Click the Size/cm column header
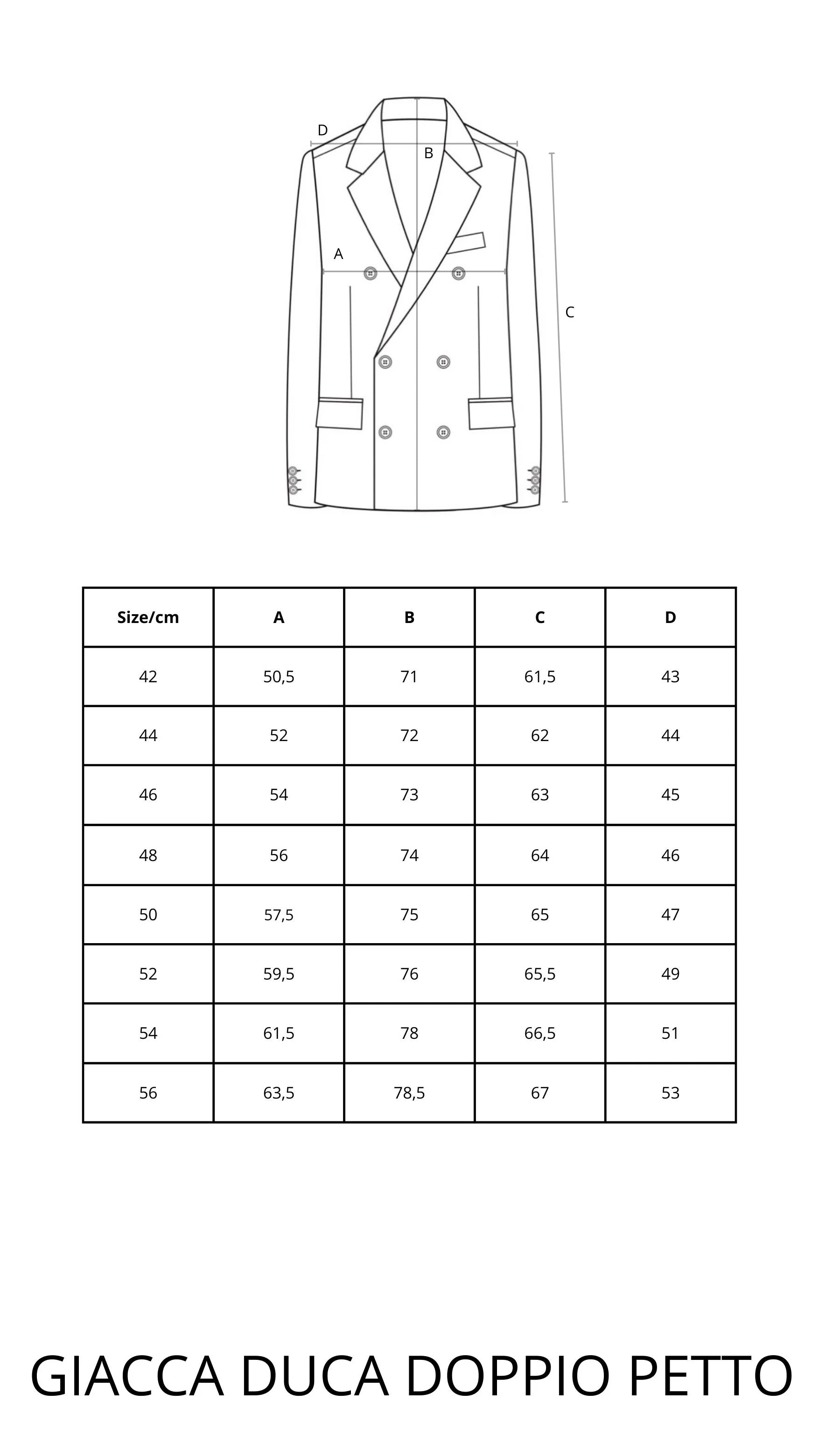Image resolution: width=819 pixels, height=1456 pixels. (x=148, y=617)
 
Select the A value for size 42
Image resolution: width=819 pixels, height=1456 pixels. (x=279, y=677)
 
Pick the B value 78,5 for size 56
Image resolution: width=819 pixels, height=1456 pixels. (x=409, y=1092)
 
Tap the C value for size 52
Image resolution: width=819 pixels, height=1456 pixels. (x=540, y=973)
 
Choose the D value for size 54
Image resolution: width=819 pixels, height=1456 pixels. (x=670, y=1033)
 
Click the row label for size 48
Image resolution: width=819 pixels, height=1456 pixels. (x=148, y=855)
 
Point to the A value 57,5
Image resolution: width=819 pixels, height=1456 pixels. (x=279, y=915)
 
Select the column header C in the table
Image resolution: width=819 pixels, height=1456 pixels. (x=540, y=617)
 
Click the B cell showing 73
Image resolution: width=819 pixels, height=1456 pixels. (x=409, y=795)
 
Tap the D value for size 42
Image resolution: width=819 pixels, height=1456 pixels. (x=670, y=677)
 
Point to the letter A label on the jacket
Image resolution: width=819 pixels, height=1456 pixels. (x=338, y=254)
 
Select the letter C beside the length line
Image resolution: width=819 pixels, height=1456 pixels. (x=570, y=312)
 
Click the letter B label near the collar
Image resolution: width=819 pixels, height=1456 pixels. (x=428, y=153)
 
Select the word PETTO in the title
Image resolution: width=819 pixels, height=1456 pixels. (x=710, y=1376)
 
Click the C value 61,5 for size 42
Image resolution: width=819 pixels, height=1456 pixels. (x=540, y=677)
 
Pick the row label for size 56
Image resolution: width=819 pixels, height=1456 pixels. (x=148, y=1092)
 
